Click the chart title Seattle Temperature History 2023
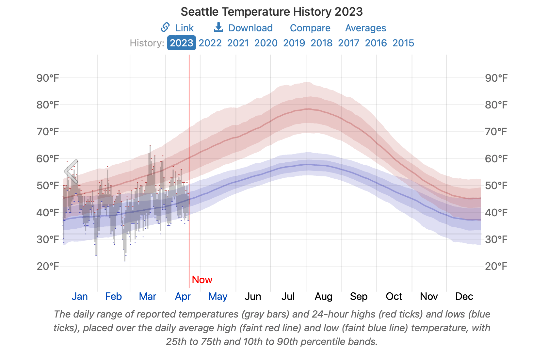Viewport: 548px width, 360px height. (271, 12)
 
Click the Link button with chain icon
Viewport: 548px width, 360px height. (177, 28)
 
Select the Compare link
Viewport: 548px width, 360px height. (310, 28)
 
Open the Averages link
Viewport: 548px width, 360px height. (365, 28)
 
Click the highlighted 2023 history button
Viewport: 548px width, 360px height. (181, 43)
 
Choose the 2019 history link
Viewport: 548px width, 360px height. (294, 43)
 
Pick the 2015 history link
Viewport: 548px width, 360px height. (403, 43)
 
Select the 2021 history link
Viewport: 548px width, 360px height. (238, 43)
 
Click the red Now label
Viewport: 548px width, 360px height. (202, 280)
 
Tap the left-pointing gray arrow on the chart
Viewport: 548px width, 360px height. (71, 171)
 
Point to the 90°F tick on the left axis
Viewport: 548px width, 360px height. (48, 78)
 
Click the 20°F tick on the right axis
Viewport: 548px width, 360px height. (496, 266)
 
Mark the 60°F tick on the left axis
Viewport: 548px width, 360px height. (48, 159)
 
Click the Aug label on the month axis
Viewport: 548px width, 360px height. (323, 296)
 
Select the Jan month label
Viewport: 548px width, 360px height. (79, 296)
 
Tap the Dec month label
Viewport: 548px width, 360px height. (464, 296)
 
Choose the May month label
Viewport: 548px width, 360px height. (218, 296)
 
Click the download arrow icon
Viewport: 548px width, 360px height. (218, 27)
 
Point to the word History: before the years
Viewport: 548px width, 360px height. (147, 43)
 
